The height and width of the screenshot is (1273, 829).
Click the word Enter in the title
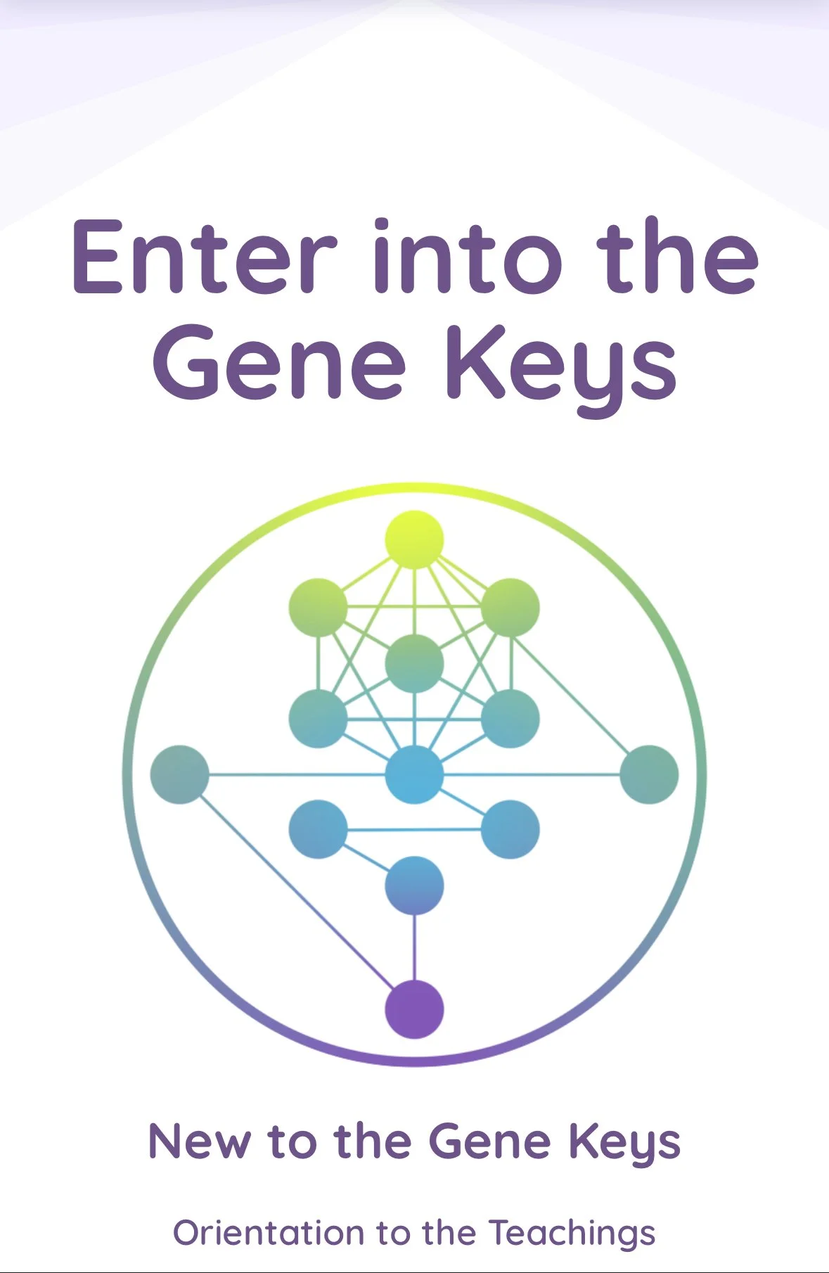pyautogui.click(x=204, y=257)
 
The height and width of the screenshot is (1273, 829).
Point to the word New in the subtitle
pyautogui.click(x=198, y=1141)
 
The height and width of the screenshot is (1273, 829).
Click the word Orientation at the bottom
pyautogui.click(x=268, y=1233)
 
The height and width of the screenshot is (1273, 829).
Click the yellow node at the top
pyautogui.click(x=414, y=539)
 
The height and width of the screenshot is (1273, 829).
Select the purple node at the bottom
pyautogui.click(x=414, y=1009)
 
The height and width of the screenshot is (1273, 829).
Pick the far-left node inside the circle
pyautogui.click(x=180, y=774)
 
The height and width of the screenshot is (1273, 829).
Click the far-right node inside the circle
pyautogui.click(x=649, y=774)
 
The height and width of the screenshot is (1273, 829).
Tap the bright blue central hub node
pyautogui.click(x=414, y=774)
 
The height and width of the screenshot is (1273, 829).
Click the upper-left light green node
pyautogui.click(x=318, y=607)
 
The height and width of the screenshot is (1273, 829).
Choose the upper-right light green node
pyautogui.click(x=510, y=607)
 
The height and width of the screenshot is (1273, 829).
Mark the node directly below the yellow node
pyautogui.click(x=414, y=663)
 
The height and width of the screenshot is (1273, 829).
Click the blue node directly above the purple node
pyautogui.click(x=414, y=885)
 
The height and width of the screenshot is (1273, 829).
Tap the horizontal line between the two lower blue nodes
pyautogui.click(x=414, y=830)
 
